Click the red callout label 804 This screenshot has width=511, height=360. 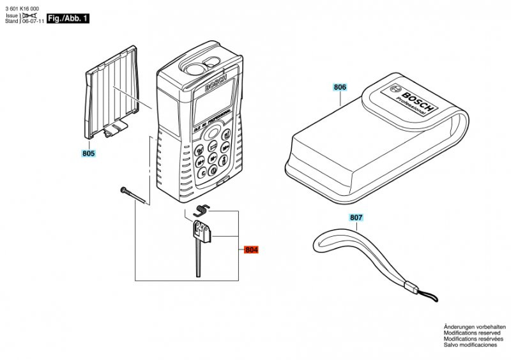pyautogui.click(x=252, y=250)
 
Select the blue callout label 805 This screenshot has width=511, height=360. pyautogui.click(x=88, y=154)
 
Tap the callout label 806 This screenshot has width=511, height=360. pyautogui.click(x=340, y=87)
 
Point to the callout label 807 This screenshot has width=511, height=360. pyautogui.click(x=356, y=218)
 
